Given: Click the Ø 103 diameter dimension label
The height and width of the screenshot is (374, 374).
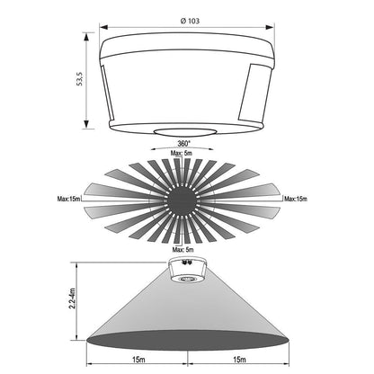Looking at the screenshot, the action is [190, 21].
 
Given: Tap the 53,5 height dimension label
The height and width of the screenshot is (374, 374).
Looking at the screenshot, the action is [80, 79].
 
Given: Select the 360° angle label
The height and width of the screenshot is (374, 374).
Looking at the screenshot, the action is [183, 144].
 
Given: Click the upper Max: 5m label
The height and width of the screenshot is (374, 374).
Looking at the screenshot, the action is [182, 153].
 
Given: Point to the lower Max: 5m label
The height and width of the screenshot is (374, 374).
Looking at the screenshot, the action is [183, 249].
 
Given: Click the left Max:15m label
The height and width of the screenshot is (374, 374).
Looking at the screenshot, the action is [69, 199].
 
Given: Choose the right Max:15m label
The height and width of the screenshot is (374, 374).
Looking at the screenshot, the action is [296, 199].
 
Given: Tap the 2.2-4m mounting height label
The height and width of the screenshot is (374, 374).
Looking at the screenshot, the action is [72, 298].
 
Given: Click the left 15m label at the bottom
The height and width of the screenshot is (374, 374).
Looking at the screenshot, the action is [138, 360].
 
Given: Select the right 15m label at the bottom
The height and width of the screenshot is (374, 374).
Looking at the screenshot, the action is [239, 360].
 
